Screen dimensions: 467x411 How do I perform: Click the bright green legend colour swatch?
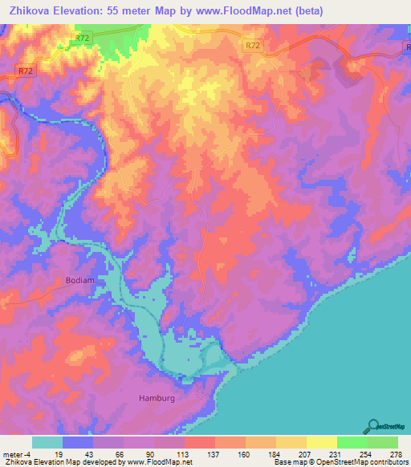coord(352,442)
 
